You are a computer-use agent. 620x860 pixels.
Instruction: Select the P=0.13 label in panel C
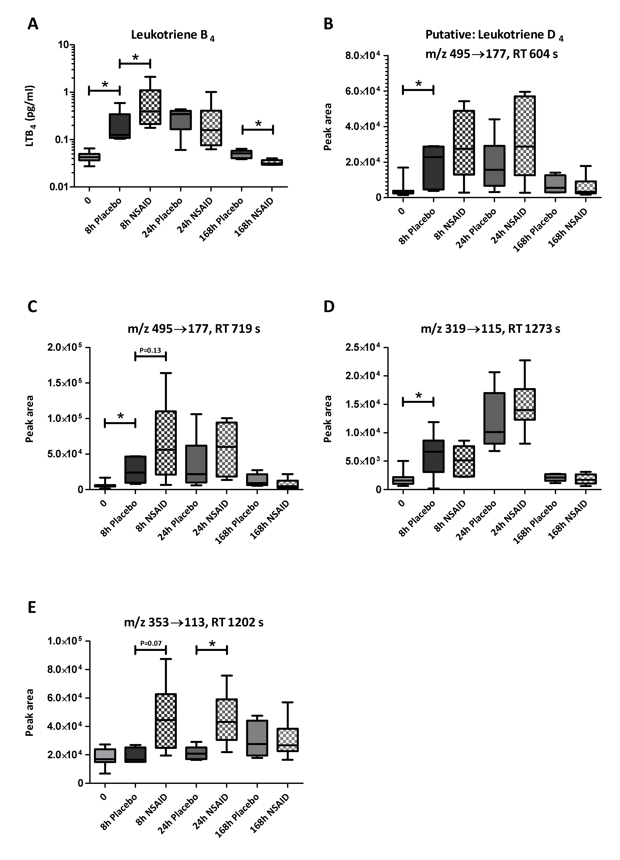(150, 350)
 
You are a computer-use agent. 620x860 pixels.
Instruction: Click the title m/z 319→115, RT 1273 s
(490, 328)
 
